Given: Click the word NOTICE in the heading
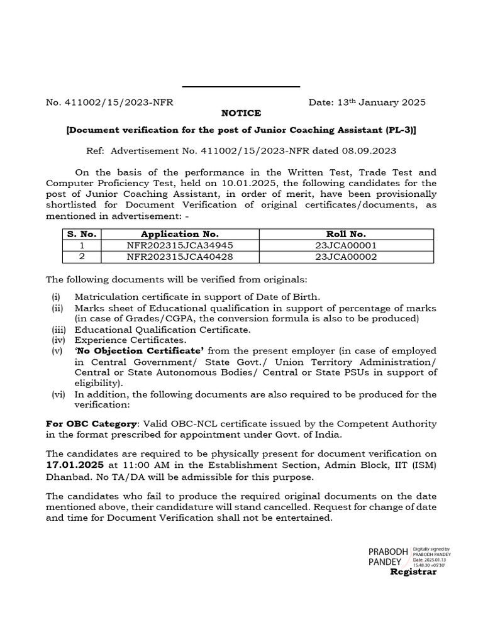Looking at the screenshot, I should pos(241,113).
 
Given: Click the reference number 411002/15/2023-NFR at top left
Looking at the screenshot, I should pos(110,102).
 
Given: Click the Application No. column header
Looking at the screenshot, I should pos(179,234).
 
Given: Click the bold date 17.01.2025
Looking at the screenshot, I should pos(75,465).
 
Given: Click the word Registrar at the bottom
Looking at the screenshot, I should pos(413,572).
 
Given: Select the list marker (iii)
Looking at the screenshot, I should pos(58,329).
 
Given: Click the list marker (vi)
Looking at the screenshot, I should pos(58,394).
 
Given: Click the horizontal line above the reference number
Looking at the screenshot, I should pos(241,87).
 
